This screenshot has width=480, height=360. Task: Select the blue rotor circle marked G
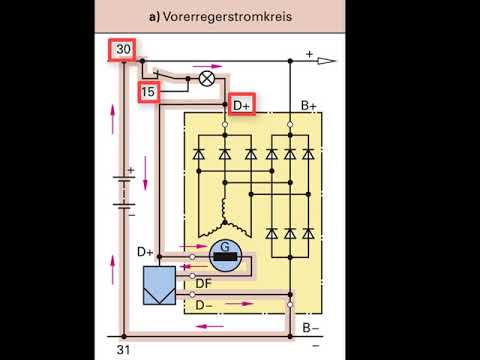click(226, 258)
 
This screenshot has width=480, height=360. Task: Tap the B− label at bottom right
click(311, 326)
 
